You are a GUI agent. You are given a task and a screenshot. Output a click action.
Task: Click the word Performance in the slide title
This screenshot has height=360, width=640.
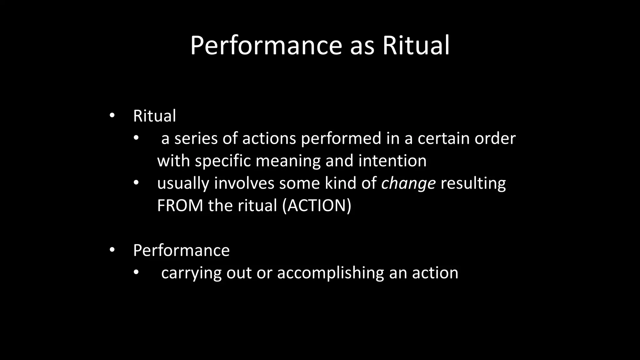tap(266, 46)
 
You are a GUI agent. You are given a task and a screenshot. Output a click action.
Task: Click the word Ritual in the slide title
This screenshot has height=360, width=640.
tap(416, 45)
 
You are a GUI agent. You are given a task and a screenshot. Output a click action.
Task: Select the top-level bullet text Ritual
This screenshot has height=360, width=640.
tap(154, 116)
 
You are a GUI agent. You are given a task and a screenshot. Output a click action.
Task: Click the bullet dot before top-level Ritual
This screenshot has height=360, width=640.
tap(112, 116)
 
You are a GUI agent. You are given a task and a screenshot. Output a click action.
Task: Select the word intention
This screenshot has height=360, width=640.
tap(392, 161)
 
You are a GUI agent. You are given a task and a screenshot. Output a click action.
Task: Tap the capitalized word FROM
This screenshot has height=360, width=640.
tap(180, 206)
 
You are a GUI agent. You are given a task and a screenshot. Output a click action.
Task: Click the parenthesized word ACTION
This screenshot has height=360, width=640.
tap(317, 206)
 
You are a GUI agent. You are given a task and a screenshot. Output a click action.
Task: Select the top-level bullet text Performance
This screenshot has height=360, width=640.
tap(181, 250)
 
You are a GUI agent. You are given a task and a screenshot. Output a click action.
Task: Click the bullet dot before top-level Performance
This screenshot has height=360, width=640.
tap(112, 250)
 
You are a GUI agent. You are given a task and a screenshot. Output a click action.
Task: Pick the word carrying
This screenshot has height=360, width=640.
tap(191, 273)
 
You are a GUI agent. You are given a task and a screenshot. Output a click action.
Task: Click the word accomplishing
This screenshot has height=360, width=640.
tap(330, 273)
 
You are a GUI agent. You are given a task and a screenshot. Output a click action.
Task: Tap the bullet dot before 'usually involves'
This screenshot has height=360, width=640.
tap(136, 183)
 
